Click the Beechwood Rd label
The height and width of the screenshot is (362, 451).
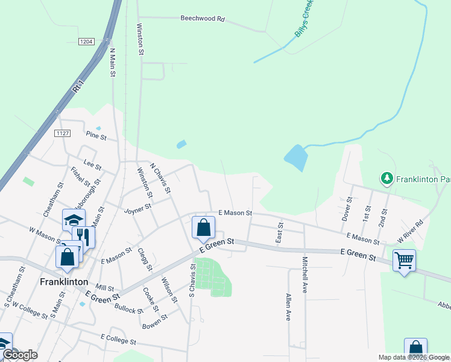point(202,19)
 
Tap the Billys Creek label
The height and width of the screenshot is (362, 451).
point(304,19)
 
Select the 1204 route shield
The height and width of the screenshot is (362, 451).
point(86,41)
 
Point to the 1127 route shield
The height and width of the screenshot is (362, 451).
point(62,133)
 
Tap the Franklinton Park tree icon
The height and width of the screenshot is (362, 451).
point(386,178)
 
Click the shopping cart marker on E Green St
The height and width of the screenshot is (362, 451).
point(404,261)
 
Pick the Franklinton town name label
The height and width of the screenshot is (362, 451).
point(64,282)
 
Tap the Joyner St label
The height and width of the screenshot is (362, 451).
point(137,210)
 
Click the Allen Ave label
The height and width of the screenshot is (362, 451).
point(288,307)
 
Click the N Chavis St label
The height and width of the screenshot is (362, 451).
point(160,178)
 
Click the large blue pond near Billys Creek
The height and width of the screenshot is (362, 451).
point(296,157)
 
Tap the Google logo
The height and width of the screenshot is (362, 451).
point(20,355)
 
